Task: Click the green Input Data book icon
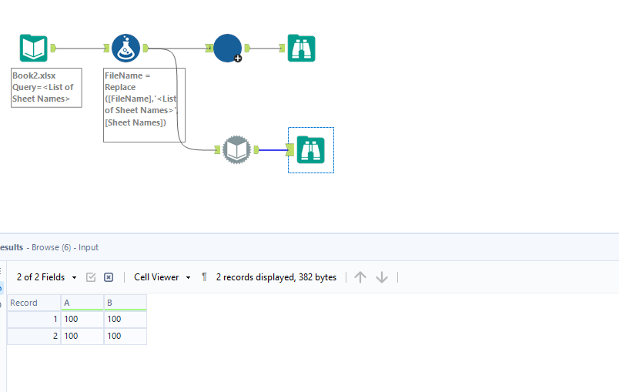(x=34, y=48)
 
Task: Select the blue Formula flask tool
(x=125, y=48)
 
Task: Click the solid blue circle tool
(x=226, y=48)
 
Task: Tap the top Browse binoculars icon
(x=301, y=48)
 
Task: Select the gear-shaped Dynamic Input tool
(x=236, y=149)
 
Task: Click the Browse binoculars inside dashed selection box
(x=310, y=149)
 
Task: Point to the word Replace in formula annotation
(x=120, y=88)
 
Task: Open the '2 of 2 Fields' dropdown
(x=47, y=277)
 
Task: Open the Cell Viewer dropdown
(x=162, y=277)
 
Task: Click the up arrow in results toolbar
(x=360, y=277)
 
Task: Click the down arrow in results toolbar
(x=382, y=277)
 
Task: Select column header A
(x=82, y=303)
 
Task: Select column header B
(x=125, y=303)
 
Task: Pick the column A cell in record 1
(x=82, y=319)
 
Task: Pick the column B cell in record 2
(x=125, y=337)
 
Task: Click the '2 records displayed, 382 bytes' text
(x=276, y=277)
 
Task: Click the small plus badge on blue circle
(x=238, y=59)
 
